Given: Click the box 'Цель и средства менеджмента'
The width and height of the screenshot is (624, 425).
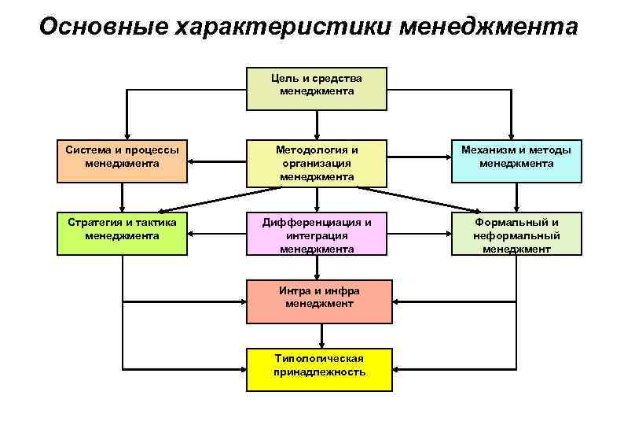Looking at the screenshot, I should coord(317,88).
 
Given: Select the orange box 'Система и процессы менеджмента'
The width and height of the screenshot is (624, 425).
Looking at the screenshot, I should coord(123,161).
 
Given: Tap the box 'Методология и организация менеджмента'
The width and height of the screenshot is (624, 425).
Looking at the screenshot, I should coord(317,164).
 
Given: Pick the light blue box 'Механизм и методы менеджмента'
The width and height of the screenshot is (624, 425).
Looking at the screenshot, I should coord(516,161).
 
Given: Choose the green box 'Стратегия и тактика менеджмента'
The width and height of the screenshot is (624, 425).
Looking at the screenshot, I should coord(123,233).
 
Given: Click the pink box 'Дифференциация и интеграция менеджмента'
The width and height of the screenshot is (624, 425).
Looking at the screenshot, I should coord(317,235).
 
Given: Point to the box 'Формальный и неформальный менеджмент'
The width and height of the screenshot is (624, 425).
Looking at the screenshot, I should coord(516,235).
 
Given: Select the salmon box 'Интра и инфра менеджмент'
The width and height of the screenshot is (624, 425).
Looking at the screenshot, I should coord(319,302).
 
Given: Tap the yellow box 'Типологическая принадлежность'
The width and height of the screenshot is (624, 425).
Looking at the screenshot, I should coord(319,369).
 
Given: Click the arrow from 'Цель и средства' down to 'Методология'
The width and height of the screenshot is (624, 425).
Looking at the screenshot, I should coord(317,124).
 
